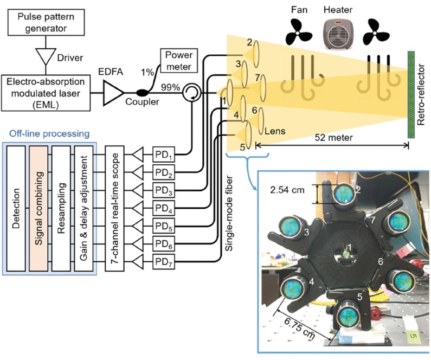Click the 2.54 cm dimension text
(x=288, y=190)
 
